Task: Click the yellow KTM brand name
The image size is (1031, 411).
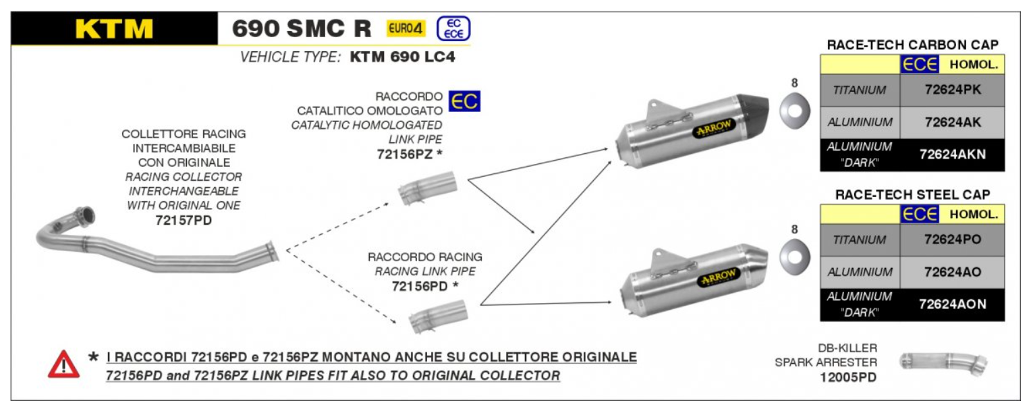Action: tap(114, 28)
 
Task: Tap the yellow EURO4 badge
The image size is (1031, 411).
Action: tap(406, 29)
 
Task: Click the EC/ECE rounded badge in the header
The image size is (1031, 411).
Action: tap(453, 29)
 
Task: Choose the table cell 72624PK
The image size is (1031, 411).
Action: tap(952, 90)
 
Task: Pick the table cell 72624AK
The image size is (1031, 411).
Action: tap(952, 122)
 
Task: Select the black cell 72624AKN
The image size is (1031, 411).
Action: tap(952, 155)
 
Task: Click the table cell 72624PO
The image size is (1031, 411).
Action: tap(952, 240)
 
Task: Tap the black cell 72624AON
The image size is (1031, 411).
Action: tap(952, 304)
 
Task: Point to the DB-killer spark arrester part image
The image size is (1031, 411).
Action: tap(943, 362)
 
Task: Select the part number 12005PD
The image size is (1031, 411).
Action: tap(848, 378)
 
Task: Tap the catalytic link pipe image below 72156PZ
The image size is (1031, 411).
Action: tap(427, 189)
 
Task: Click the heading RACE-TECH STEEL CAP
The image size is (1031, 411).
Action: tap(912, 194)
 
